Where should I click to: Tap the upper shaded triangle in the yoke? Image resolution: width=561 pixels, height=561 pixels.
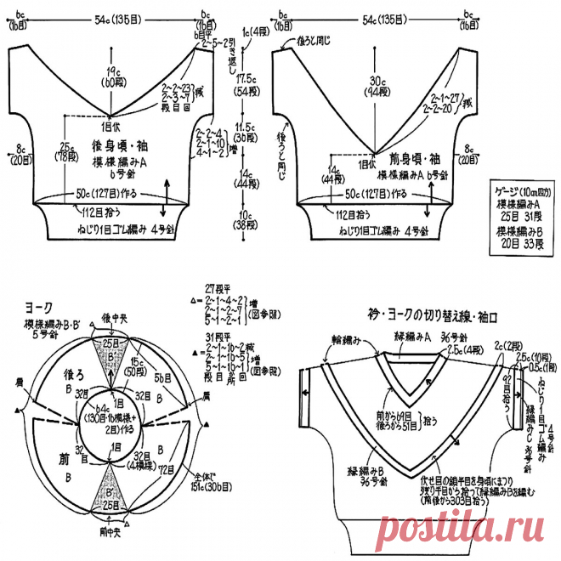click(107, 358)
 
